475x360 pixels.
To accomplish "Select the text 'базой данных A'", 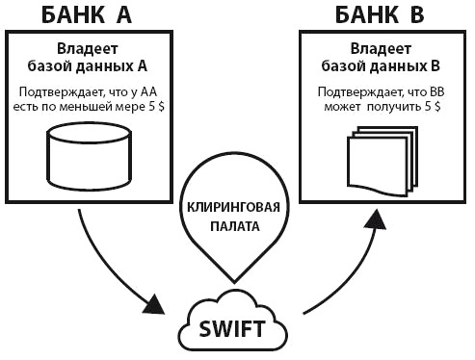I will point(90,65).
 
